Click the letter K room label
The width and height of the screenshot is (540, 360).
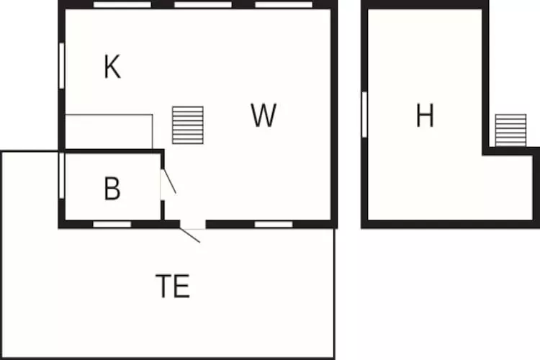point(112,67)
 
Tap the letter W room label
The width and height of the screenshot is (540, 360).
point(264,115)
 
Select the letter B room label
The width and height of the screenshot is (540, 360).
point(112,188)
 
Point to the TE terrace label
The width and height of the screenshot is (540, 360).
point(173,286)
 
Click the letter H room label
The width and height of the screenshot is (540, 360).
point(425,115)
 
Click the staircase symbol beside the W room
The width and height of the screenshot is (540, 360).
point(188,125)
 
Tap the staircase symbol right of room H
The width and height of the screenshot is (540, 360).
point(510,130)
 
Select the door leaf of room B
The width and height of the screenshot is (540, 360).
point(169,181)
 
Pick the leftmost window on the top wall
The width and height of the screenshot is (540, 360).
point(122,5)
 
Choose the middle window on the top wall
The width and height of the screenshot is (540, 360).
point(203,5)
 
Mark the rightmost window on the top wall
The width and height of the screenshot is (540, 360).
point(284,5)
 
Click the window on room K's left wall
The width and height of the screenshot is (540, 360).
point(62,66)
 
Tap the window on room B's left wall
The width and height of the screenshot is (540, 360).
point(62,176)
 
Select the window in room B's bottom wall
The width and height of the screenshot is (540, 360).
point(112,225)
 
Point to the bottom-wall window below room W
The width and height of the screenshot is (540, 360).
point(274,225)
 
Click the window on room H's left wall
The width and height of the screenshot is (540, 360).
point(364,114)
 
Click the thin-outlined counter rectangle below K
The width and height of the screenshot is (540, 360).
point(109,132)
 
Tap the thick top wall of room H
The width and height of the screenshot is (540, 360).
point(425,5)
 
